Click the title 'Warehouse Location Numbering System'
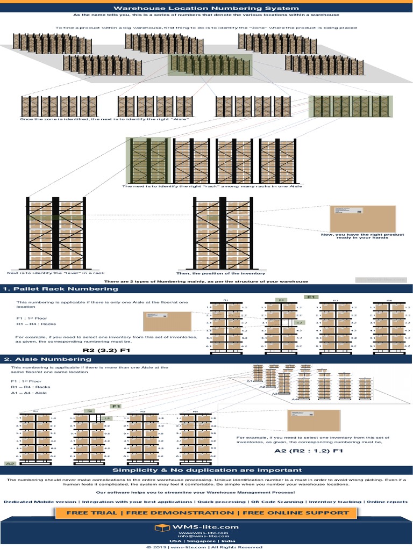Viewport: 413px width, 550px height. pos(206,8)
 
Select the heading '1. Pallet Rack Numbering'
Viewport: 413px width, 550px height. pos(61,289)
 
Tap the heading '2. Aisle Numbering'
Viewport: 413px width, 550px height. pos(48,359)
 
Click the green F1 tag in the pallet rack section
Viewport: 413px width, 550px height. pos(311,296)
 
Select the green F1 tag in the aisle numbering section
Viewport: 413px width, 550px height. pos(116,407)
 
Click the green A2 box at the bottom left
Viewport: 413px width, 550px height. pos(10,463)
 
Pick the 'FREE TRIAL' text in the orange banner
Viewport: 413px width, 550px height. pos(90,513)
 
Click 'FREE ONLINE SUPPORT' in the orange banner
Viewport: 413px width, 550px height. pos(296,513)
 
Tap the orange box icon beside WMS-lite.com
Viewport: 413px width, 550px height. pos(160,528)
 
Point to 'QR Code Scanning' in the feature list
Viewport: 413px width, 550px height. pos(277,502)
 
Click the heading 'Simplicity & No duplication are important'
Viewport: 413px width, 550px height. pos(206,471)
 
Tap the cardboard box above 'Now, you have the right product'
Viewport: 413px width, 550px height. pos(362,219)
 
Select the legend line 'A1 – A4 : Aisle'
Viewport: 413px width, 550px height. pos(29,393)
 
